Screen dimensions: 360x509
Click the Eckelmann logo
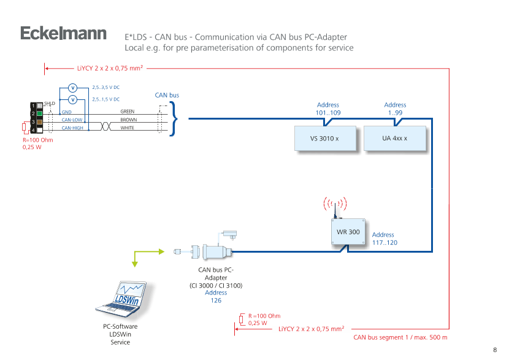pos(63,34)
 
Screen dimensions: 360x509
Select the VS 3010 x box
pos(325,139)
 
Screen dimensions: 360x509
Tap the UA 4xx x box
pos(394,139)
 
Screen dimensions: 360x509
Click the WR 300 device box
pos(348,232)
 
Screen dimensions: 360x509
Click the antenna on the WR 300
pos(335,208)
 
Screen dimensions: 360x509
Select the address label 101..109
pos(327,109)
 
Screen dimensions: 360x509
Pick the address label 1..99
pos(395,109)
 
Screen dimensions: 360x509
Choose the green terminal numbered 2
pos(39,113)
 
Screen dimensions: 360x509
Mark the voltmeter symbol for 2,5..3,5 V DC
pos(72,88)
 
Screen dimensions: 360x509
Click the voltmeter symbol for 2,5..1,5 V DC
pos(72,99)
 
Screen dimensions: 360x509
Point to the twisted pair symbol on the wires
pos(104,125)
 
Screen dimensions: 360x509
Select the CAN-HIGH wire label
pos(72,128)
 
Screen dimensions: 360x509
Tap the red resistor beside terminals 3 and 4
pos(24,128)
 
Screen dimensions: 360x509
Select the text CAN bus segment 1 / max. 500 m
pos(400,337)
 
